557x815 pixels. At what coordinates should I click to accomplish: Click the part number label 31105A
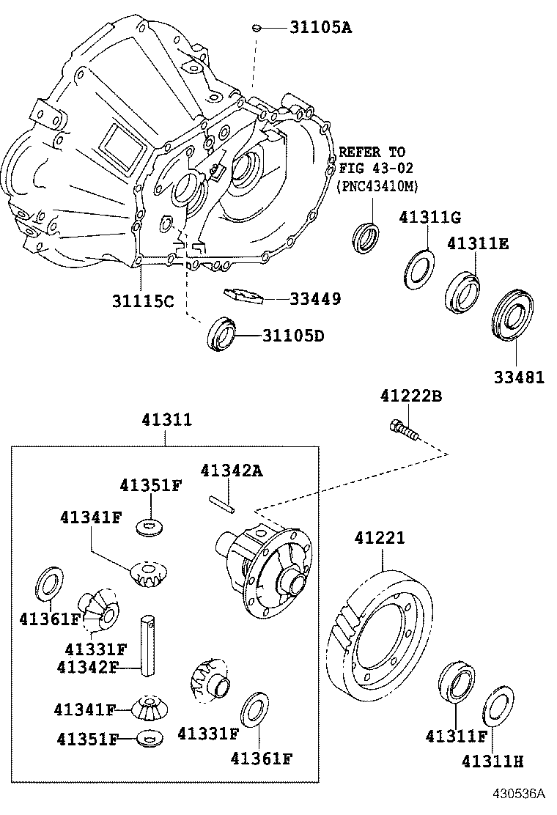pyautogui.click(x=320, y=27)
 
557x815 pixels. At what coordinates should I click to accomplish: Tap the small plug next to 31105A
pyautogui.click(x=256, y=27)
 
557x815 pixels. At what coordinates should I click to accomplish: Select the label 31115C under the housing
pyautogui.click(x=143, y=301)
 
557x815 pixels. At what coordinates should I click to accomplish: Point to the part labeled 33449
pyautogui.click(x=243, y=295)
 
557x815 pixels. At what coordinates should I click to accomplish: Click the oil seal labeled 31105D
pyautogui.click(x=221, y=333)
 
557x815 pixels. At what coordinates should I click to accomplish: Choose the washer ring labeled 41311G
pyautogui.click(x=419, y=269)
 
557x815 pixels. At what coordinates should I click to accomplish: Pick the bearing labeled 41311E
pyautogui.click(x=462, y=293)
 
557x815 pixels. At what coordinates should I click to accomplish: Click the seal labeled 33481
pyautogui.click(x=512, y=317)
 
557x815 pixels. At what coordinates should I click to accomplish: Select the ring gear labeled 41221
pyautogui.click(x=380, y=636)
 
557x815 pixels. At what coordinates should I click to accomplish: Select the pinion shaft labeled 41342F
pyautogui.click(x=149, y=646)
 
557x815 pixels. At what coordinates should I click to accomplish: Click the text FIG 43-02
pyautogui.click(x=376, y=168)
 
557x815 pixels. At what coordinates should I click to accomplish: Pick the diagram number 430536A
pyautogui.click(x=519, y=794)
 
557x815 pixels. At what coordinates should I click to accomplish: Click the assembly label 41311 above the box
pyautogui.click(x=167, y=419)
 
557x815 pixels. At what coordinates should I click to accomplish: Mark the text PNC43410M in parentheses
pyautogui.click(x=377, y=185)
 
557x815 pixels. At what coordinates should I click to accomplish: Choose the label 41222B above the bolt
pyautogui.click(x=411, y=396)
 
